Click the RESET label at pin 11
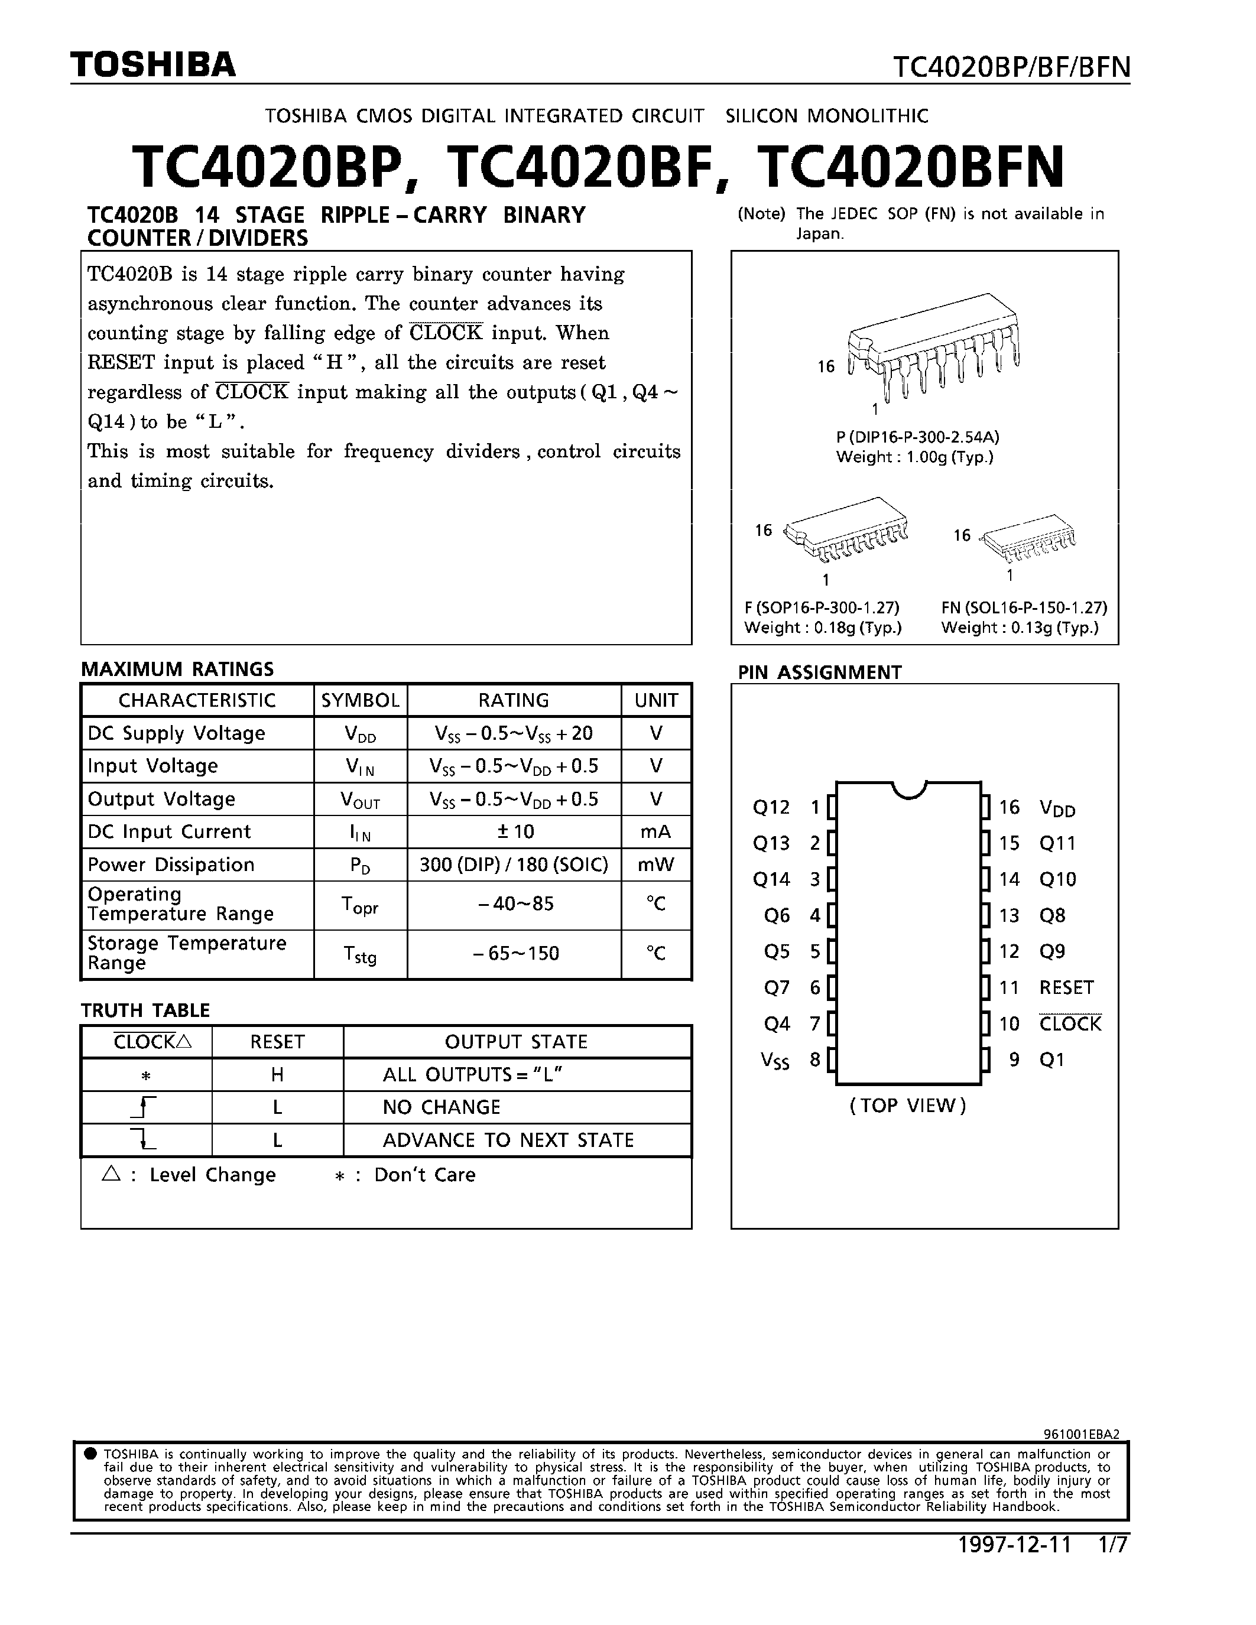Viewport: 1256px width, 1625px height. tap(1066, 987)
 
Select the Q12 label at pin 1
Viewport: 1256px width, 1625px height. tap(771, 807)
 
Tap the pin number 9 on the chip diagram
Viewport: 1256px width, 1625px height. tap(1014, 1059)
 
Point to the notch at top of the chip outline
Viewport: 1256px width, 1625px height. tap(908, 789)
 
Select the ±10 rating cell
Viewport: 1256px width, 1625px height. tap(514, 832)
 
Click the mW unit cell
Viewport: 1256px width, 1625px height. tap(655, 864)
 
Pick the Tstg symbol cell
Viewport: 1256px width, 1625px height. tap(360, 954)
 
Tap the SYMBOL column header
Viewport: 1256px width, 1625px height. tap(360, 700)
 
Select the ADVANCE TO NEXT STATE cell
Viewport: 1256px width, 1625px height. tap(508, 1140)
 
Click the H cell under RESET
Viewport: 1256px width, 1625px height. tap(277, 1074)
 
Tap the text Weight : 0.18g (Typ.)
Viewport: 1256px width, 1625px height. tap(822, 627)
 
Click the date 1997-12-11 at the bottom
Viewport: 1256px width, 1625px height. tap(1014, 1545)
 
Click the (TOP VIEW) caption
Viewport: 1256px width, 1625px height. tap(908, 1106)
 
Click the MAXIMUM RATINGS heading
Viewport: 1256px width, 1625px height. tap(177, 669)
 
